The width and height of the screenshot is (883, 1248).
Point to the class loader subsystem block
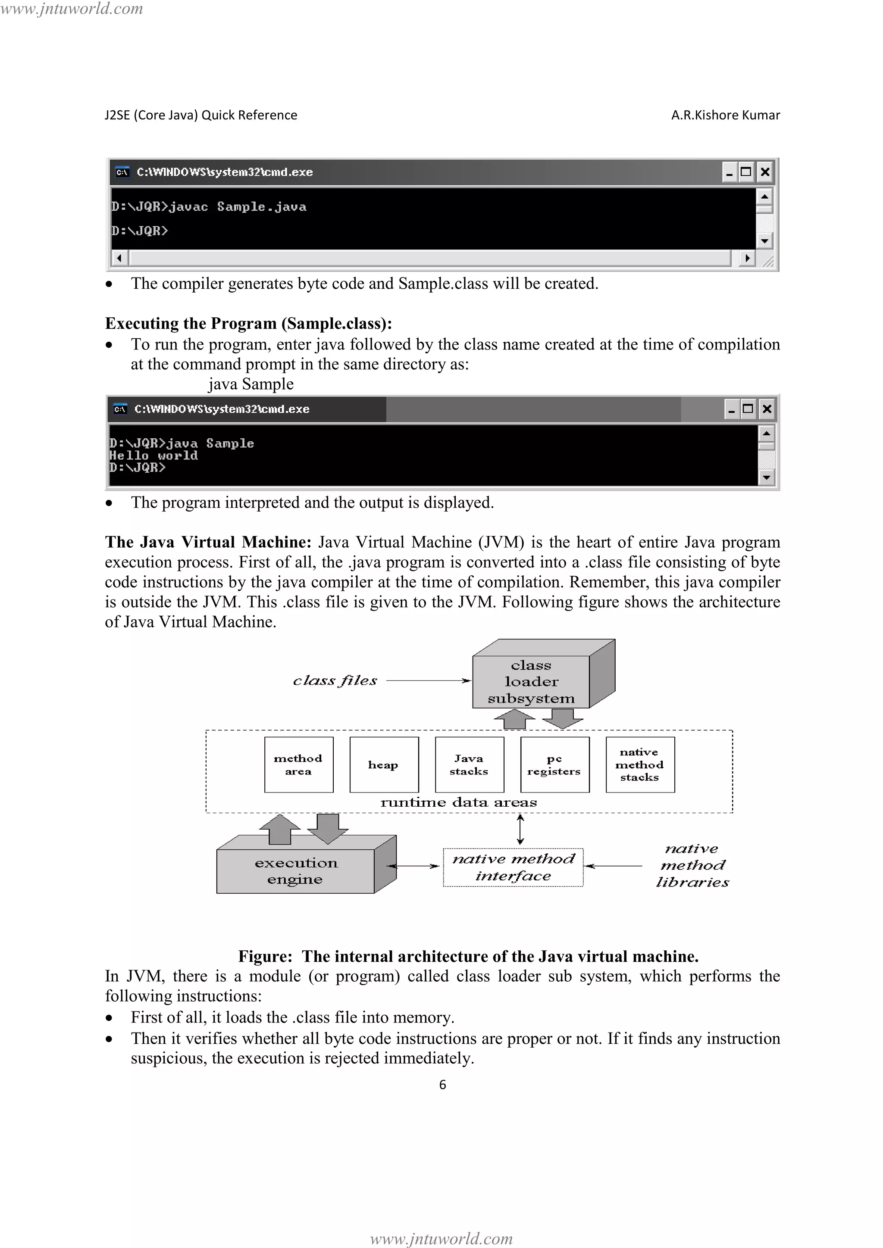click(531, 682)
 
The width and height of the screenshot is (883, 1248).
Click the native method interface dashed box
click(513, 867)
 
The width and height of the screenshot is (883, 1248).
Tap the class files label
click(335, 680)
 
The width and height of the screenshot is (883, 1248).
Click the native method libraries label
click(692, 865)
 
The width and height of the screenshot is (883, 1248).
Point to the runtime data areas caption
click(458, 802)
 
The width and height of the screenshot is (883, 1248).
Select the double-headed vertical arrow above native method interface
click(520, 829)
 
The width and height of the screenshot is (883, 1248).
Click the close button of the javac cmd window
click(764, 172)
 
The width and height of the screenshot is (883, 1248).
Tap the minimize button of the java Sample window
click(731, 409)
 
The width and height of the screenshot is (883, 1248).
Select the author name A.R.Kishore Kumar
click(725, 115)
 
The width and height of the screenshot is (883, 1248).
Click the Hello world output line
click(154, 456)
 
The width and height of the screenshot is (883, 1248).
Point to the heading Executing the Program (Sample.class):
click(248, 323)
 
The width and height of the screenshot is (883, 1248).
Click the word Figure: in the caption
click(265, 956)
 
